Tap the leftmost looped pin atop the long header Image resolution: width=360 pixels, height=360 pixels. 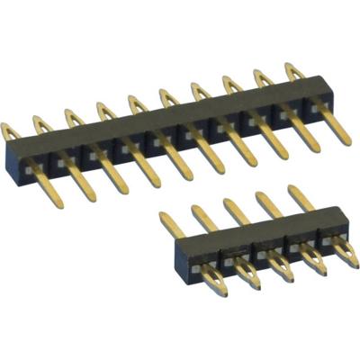pos(11,132)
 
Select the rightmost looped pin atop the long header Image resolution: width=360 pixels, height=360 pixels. pos(293,74)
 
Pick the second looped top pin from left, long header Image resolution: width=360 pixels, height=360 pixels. pos(41,125)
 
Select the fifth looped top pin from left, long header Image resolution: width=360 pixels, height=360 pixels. pos(137,106)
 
